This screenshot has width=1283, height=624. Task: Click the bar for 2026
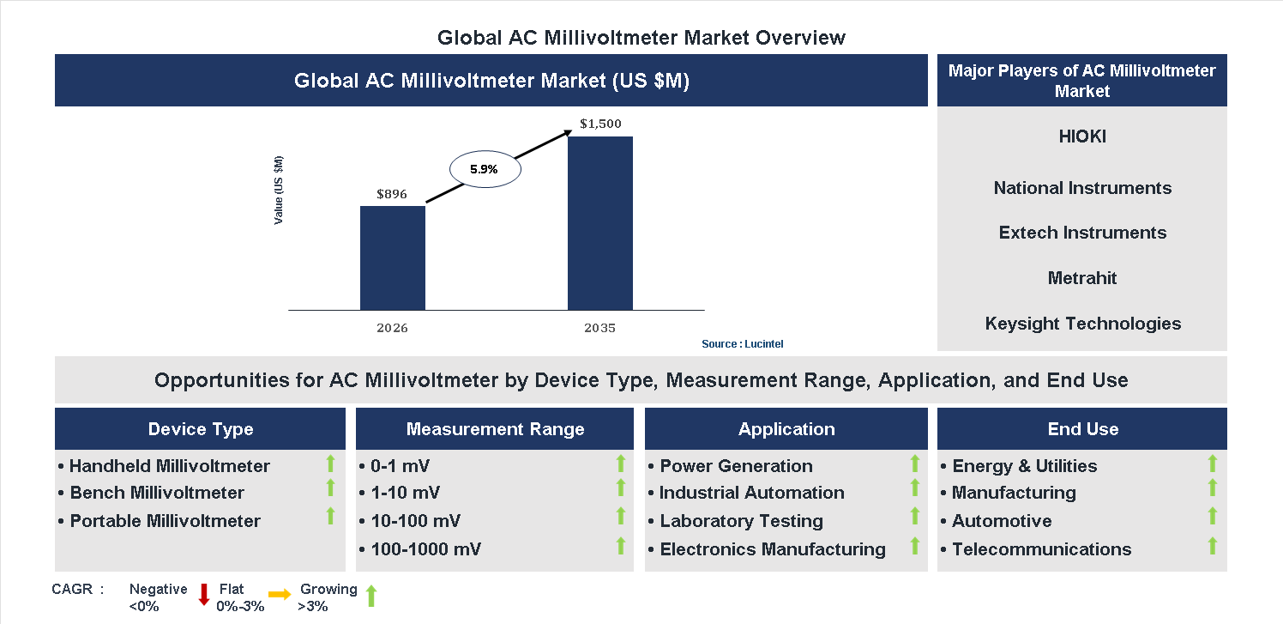click(392, 257)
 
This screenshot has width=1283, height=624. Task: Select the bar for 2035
click(599, 223)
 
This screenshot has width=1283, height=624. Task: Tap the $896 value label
click(392, 194)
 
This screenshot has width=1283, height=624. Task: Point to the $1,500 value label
click(600, 124)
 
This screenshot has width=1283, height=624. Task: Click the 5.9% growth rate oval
click(484, 170)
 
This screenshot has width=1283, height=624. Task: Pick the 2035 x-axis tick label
click(599, 328)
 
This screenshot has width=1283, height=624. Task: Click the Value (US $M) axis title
click(279, 191)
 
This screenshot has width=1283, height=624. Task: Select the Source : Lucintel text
click(742, 344)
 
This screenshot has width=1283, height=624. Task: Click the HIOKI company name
click(1081, 136)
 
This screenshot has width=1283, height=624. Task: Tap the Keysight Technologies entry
click(1082, 324)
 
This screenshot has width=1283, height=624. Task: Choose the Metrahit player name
click(1081, 278)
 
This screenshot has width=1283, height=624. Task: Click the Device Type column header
click(201, 429)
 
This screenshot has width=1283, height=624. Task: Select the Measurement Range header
click(495, 429)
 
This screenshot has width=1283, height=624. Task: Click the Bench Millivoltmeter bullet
click(157, 493)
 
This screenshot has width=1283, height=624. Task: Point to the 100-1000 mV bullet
click(425, 549)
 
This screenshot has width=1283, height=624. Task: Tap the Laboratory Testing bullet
click(741, 521)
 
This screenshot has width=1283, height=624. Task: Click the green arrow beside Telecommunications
click(1212, 546)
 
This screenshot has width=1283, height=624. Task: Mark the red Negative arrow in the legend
click(204, 594)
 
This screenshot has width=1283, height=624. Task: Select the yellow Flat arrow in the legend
click(280, 594)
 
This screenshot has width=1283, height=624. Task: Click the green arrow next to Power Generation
click(914, 464)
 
